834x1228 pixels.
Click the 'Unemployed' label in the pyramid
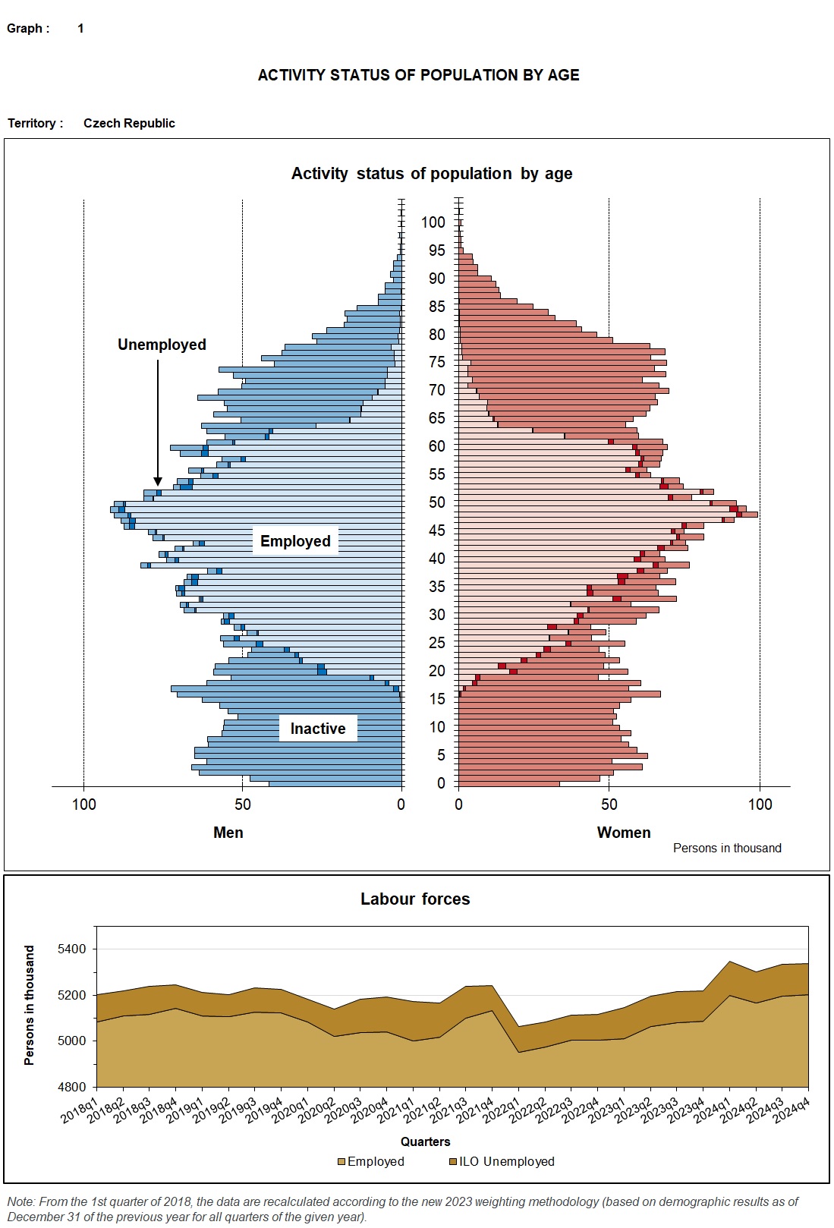[162, 345]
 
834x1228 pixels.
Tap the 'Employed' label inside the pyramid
[295, 541]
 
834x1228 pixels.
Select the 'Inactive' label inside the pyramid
[317, 729]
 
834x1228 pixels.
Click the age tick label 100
[433, 222]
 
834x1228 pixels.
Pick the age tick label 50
[436, 502]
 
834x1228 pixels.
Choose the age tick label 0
[441, 783]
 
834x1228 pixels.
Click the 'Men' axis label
[228, 833]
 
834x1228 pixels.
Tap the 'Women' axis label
[624, 833]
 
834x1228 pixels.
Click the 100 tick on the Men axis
[83, 804]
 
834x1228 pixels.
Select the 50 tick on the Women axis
[609, 804]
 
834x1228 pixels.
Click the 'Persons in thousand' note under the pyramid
[726, 849]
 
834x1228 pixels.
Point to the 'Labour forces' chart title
[415, 899]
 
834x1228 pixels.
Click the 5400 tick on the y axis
[72, 949]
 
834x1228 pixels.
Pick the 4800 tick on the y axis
[72, 1087]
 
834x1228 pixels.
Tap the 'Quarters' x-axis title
[425, 1141]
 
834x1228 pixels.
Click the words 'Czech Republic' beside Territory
[129, 123]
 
